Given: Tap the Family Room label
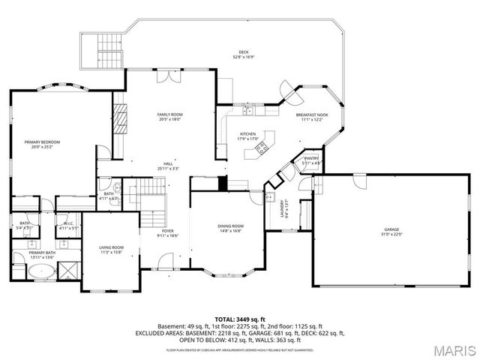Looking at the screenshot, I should [x=169, y=115].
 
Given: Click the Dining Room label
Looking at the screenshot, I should [x=230, y=226].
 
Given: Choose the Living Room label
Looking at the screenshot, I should [x=111, y=247].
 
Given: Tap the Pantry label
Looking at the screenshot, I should [x=311, y=158].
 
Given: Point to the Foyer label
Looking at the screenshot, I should [x=168, y=231].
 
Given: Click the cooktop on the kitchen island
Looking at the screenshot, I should [x=262, y=148].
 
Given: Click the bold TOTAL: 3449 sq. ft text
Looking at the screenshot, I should [x=240, y=319].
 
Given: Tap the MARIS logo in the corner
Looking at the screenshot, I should [x=452, y=350].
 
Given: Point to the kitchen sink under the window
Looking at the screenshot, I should [x=248, y=111].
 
